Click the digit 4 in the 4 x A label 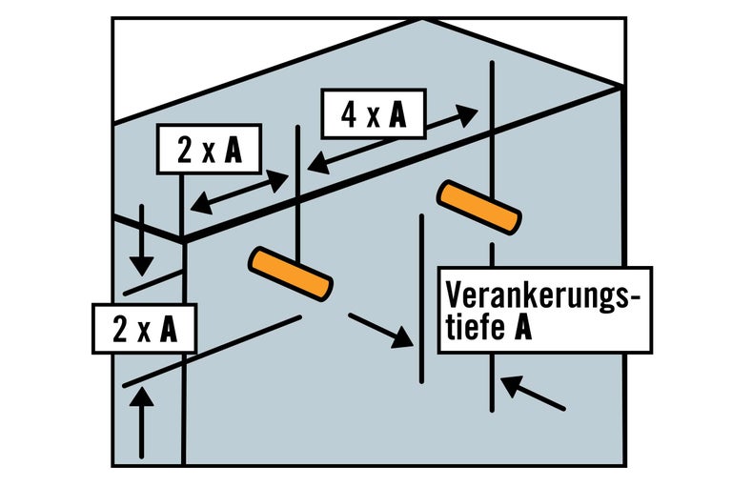tap(350, 115)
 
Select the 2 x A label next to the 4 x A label tap(209, 150)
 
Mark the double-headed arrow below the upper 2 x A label tap(239, 192)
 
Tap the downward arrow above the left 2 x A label tap(141, 238)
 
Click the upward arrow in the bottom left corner tap(142, 425)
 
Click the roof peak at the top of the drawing tap(423, 19)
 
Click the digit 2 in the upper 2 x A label tap(185, 151)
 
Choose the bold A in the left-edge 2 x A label tap(168, 329)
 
